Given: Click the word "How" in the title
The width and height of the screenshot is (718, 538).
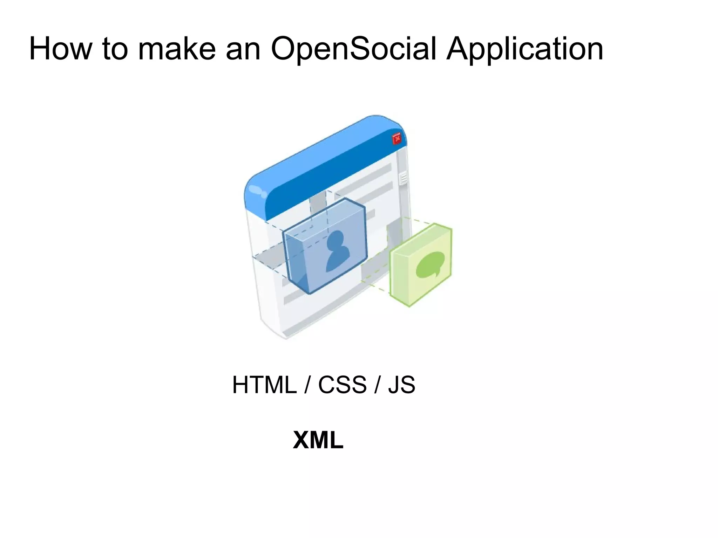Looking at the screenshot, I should coord(60,49).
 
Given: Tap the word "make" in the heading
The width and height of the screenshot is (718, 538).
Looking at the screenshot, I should coord(177,49).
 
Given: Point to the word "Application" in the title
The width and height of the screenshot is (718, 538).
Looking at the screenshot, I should coord(524,49).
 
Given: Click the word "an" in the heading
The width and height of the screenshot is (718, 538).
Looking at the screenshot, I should coord(243,49).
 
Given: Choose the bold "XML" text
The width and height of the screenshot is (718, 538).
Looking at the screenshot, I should coord(318,440).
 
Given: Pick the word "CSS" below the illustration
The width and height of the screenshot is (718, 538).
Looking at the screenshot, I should coord(342,385).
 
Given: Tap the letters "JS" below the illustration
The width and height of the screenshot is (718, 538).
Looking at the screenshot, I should coord(401,385).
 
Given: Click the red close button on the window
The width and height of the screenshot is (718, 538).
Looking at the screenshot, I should coord(397,139).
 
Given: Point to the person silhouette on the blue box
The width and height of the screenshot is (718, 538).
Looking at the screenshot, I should coord(338,251).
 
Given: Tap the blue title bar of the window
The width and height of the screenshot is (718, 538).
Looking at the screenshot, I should coord(326,165).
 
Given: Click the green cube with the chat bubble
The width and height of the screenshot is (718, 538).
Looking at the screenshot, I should coord(421,265).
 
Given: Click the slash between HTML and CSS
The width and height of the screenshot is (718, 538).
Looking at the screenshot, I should coord(307,385).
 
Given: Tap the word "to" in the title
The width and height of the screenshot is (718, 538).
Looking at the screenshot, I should coord(115,49).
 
